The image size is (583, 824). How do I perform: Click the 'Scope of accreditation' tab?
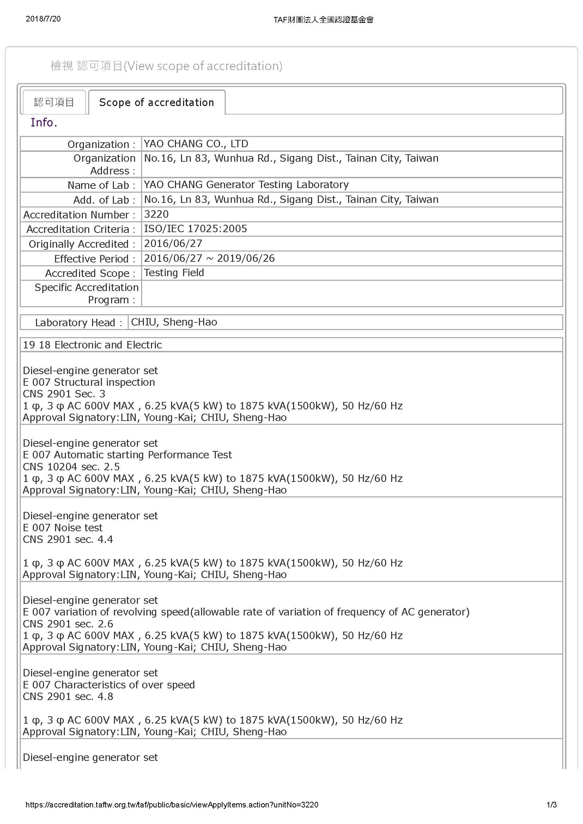pyautogui.click(x=157, y=103)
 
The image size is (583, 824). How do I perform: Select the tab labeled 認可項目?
pyautogui.click(x=54, y=103)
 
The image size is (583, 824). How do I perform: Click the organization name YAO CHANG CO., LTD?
pyautogui.click(x=196, y=144)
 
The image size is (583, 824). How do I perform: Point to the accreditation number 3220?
pyautogui.click(x=156, y=214)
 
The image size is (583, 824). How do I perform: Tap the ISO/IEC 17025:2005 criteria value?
pyautogui.click(x=195, y=229)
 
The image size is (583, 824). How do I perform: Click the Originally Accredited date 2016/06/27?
pyautogui.click(x=173, y=244)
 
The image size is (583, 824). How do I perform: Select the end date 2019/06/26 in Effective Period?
pyautogui.click(x=246, y=258)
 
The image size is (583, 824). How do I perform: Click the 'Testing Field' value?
pyautogui.click(x=174, y=273)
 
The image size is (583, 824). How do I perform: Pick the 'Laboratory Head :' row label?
pyautogui.click(x=79, y=323)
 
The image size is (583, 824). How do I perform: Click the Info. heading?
pyautogui.click(x=44, y=123)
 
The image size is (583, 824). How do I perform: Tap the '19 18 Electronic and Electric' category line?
pyautogui.click(x=92, y=345)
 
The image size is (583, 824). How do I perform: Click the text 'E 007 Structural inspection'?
pyautogui.click(x=89, y=382)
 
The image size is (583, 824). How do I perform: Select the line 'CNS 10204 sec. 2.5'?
pyautogui.click(x=71, y=466)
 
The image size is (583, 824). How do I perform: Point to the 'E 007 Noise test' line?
pyautogui.click(x=62, y=528)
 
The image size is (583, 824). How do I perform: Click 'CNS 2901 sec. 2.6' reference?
pyautogui.click(x=68, y=624)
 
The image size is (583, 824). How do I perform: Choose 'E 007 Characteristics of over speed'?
pyautogui.click(x=109, y=685)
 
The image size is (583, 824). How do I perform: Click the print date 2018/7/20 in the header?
pyautogui.click(x=43, y=19)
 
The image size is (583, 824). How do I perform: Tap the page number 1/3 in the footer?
pyautogui.click(x=551, y=805)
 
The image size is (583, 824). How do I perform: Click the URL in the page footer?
pyautogui.click(x=172, y=805)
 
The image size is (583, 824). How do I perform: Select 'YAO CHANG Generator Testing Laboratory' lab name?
pyautogui.click(x=246, y=185)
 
